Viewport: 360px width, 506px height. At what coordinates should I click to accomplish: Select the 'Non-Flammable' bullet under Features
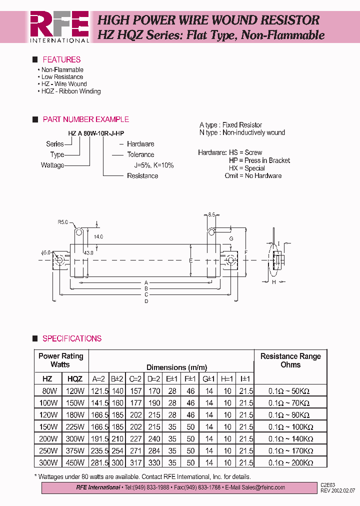point(62,70)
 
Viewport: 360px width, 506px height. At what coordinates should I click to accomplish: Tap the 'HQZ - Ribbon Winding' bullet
point(70,91)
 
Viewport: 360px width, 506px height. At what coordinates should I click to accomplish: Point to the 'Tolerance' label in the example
point(140,155)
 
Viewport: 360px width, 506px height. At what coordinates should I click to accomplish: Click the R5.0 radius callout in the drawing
point(62,221)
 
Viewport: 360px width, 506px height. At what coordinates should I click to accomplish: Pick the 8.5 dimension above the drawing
point(211,214)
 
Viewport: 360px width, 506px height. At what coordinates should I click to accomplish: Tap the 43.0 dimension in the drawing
point(88,253)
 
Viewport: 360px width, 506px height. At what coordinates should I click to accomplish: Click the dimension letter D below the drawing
point(146,301)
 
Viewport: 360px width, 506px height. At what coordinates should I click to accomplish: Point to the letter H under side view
point(274,282)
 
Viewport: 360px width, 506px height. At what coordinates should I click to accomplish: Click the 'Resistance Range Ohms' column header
point(290,360)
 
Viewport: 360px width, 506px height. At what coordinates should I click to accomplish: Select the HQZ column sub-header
point(74,379)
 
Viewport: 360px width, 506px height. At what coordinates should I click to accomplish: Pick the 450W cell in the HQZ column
point(75,463)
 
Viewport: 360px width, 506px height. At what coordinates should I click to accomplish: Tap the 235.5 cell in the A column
point(99,451)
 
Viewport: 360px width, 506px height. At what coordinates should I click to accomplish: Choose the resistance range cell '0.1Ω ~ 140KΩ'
point(290,439)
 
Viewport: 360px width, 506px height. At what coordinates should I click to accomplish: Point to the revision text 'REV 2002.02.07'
point(338,490)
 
